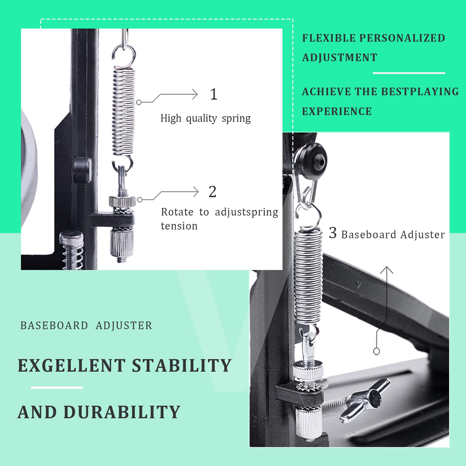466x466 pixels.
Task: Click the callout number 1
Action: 214,94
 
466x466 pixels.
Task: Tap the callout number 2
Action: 213,192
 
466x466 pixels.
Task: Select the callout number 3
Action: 333,233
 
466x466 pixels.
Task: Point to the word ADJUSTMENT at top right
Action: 340,58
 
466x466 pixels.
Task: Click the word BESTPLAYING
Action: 420,92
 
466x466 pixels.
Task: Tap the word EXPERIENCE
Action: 337,111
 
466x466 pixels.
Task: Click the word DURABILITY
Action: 122,412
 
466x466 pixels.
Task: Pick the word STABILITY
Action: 182,366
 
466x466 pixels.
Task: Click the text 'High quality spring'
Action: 206,118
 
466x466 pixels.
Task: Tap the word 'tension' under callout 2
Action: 179,226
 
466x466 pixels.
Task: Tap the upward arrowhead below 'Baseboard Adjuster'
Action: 387,270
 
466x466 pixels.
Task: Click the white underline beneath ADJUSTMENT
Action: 409,73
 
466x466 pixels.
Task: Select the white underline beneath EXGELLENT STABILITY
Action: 57,388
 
